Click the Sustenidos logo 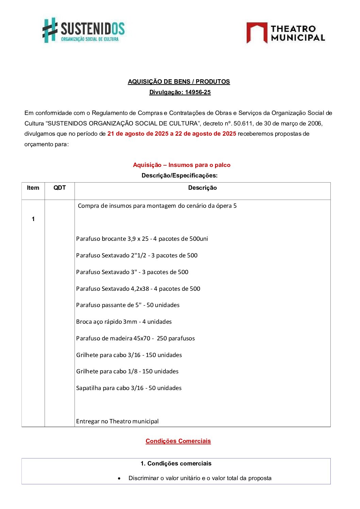pyautogui.click(x=84, y=30)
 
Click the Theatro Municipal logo pyautogui.click(x=285, y=33)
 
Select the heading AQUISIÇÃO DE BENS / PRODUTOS pyautogui.click(x=179, y=82)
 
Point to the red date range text pyautogui.click(x=171, y=134)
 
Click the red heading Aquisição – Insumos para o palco pyautogui.click(x=181, y=165)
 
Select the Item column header pyautogui.click(x=33, y=188)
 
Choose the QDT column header pyautogui.click(x=60, y=188)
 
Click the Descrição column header pyautogui.click(x=202, y=188)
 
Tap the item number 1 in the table pyautogui.click(x=33, y=219)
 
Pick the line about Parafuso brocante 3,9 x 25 pyautogui.click(x=142, y=239)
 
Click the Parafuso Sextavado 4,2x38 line pyautogui.click(x=138, y=289)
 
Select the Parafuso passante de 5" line pyautogui.click(x=128, y=305)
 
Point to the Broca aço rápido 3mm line pyautogui.click(x=124, y=322)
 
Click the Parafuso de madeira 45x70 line pyautogui.click(x=135, y=338)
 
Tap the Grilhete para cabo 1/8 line pyautogui.click(x=127, y=371)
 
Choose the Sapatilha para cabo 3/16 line pyautogui.click(x=129, y=388)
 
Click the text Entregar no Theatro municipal pyautogui.click(x=117, y=421)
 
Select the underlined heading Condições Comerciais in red pyautogui.click(x=178, y=441)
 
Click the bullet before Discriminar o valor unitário pyautogui.click(x=119, y=478)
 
